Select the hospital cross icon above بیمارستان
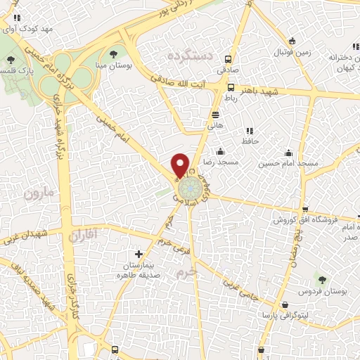click(139, 254)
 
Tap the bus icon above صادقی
click(227, 60)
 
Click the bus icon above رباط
click(231, 88)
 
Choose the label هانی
click(214, 125)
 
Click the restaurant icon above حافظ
click(248, 131)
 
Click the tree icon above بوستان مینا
click(114, 54)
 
